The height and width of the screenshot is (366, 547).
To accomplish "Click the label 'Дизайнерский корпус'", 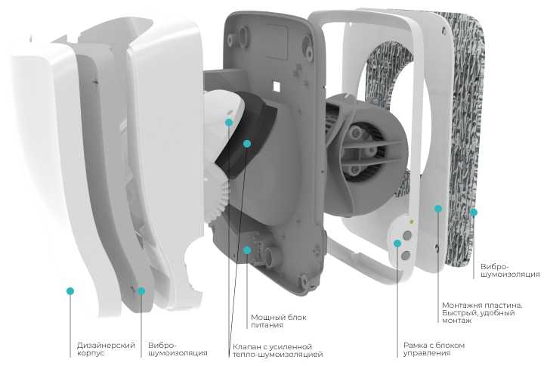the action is (106, 349).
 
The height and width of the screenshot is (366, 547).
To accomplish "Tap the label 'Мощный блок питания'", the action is (279, 321).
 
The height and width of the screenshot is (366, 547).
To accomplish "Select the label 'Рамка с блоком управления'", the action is (434, 349).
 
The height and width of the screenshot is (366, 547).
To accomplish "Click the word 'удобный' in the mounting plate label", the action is (497, 313).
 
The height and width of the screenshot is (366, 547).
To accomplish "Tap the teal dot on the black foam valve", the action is (247, 144).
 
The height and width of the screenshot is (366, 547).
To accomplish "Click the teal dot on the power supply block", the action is (247, 250).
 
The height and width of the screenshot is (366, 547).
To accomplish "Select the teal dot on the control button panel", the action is (397, 243).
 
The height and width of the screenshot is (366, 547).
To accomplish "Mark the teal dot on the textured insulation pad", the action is (473, 212).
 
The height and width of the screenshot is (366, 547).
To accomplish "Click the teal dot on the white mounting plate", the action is (438, 209).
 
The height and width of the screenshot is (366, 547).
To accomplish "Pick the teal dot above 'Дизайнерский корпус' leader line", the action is (70, 291).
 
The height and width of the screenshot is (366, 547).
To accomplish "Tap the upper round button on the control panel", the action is (407, 235).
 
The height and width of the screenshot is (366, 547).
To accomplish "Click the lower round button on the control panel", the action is (406, 256).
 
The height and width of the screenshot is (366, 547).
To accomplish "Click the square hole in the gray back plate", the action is (277, 85).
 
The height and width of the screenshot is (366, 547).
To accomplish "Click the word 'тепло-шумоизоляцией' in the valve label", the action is (278, 355).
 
